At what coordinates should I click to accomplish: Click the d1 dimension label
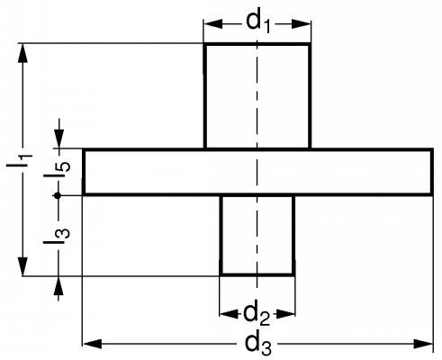click(x=258, y=22)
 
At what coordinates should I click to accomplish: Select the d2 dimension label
click(x=257, y=316)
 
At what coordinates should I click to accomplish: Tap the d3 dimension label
click(x=258, y=345)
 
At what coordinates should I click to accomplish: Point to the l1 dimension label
click(x=20, y=161)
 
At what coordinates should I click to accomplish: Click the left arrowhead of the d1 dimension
click(x=213, y=24)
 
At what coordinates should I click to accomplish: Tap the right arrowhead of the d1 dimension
click(x=302, y=24)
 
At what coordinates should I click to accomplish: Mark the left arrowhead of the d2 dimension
click(x=229, y=314)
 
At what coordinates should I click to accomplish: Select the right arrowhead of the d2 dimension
click(x=285, y=314)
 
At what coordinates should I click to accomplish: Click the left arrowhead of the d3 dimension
click(x=92, y=344)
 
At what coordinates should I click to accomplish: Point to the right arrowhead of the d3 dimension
click(x=423, y=344)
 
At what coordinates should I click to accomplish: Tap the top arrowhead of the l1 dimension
click(x=23, y=53)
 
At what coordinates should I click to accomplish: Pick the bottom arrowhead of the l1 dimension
click(x=23, y=266)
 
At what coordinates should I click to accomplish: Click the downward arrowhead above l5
click(x=59, y=139)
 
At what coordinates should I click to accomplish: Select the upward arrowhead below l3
click(x=59, y=285)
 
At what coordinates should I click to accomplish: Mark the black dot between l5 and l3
click(x=58, y=195)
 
